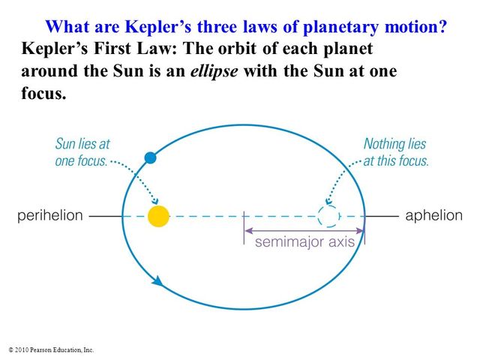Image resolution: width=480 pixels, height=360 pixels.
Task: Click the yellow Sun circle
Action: (x=158, y=216)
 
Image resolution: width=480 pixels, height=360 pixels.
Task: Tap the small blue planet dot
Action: (x=150, y=157)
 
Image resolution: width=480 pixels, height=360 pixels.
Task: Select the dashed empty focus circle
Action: (x=328, y=216)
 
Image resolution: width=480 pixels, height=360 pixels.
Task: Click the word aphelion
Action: (x=433, y=216)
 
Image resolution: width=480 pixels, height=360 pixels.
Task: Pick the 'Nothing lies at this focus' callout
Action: (x=396, y=151)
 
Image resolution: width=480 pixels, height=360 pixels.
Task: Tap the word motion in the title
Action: (x=411, y=27)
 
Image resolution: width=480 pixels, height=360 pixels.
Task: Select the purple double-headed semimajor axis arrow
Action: (x=304, y=230)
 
